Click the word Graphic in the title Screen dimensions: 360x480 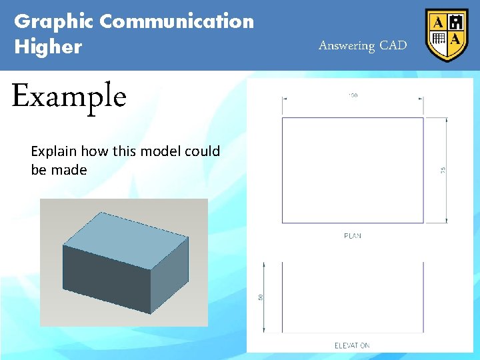54,21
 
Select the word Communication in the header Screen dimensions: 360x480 177,21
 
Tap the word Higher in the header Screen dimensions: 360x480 48,47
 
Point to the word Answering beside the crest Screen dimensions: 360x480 347,46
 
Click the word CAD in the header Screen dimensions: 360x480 393,46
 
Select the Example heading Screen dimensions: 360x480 69,97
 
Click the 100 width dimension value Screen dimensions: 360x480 353,96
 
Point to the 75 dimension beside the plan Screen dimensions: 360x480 443,171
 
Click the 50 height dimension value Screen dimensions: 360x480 261,297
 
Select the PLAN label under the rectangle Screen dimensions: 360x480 353,236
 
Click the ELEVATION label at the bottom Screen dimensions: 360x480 352,345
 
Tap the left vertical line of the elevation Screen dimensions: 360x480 282,297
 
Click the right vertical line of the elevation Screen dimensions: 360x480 423,297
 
